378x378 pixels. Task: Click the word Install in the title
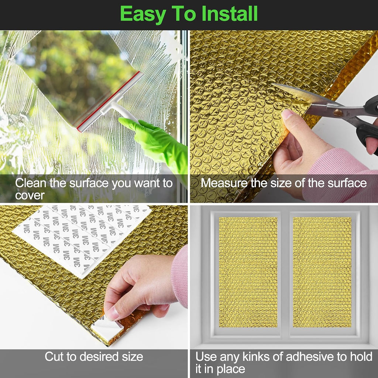coord(230,14)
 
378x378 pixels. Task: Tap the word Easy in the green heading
coord(143,14)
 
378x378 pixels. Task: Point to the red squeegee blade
coord(108,102)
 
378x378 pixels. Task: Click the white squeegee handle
coord(118,109)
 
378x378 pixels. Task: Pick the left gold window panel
coord(248,272)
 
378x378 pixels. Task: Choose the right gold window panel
coord(322,272)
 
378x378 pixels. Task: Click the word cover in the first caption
coord(30,196)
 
